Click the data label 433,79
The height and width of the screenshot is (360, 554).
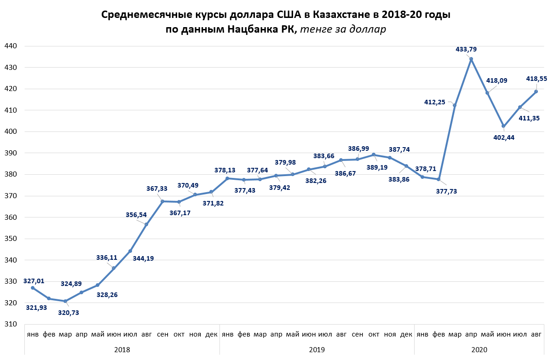click(466, 49)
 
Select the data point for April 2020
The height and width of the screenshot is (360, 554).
click(471, 59)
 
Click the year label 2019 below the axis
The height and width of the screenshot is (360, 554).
click(317, 350)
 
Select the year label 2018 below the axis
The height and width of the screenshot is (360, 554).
click(122, 350)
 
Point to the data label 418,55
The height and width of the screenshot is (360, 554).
click(537, 79)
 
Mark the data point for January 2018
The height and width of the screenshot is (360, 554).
click(33, 288)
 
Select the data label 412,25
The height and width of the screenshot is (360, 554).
click(434, 102)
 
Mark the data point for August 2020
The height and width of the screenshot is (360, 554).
click(536, 91)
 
